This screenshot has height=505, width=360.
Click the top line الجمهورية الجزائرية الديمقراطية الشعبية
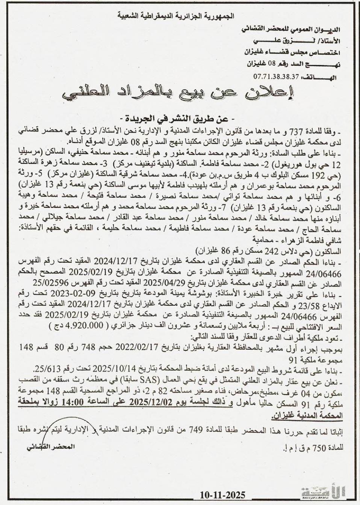coord(176,16)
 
